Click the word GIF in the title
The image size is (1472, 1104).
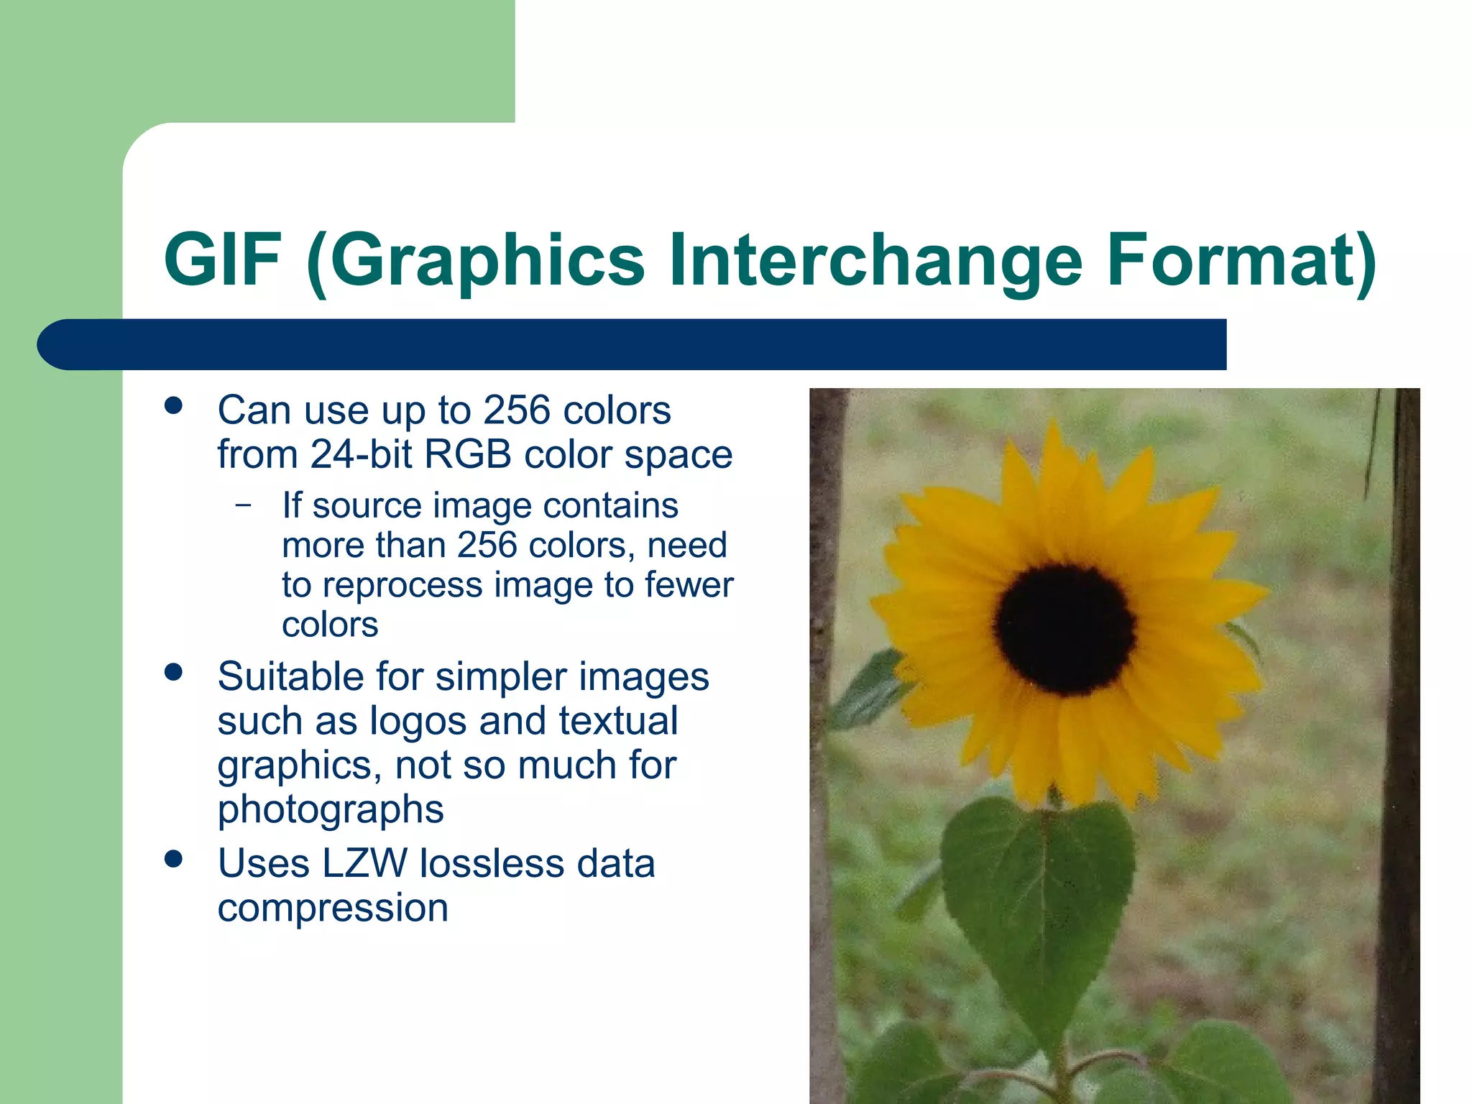[222, 260]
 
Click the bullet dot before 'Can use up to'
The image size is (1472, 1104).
[173, 405]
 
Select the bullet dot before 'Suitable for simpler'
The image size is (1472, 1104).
[173, 672]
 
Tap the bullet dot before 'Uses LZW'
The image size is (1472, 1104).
[173, 859]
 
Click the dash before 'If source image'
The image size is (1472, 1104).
[244, 505]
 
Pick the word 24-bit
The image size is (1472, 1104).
[361, 455]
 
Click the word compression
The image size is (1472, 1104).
[333, 908]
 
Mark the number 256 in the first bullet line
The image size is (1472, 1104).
[516, 410]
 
